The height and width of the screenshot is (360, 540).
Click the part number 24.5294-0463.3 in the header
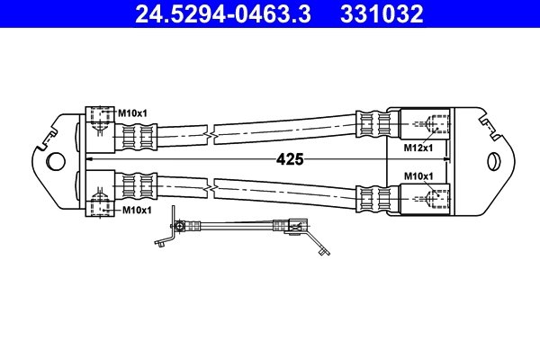click(x=225, y=14)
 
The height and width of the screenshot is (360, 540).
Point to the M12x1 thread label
click(x=418, y=146)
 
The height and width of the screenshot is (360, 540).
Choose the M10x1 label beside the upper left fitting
click(x=134, y=113)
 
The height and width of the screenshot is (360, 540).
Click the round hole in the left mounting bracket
click(x=56, y=161)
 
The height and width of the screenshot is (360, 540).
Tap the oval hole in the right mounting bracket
click(x=493, y=161)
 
